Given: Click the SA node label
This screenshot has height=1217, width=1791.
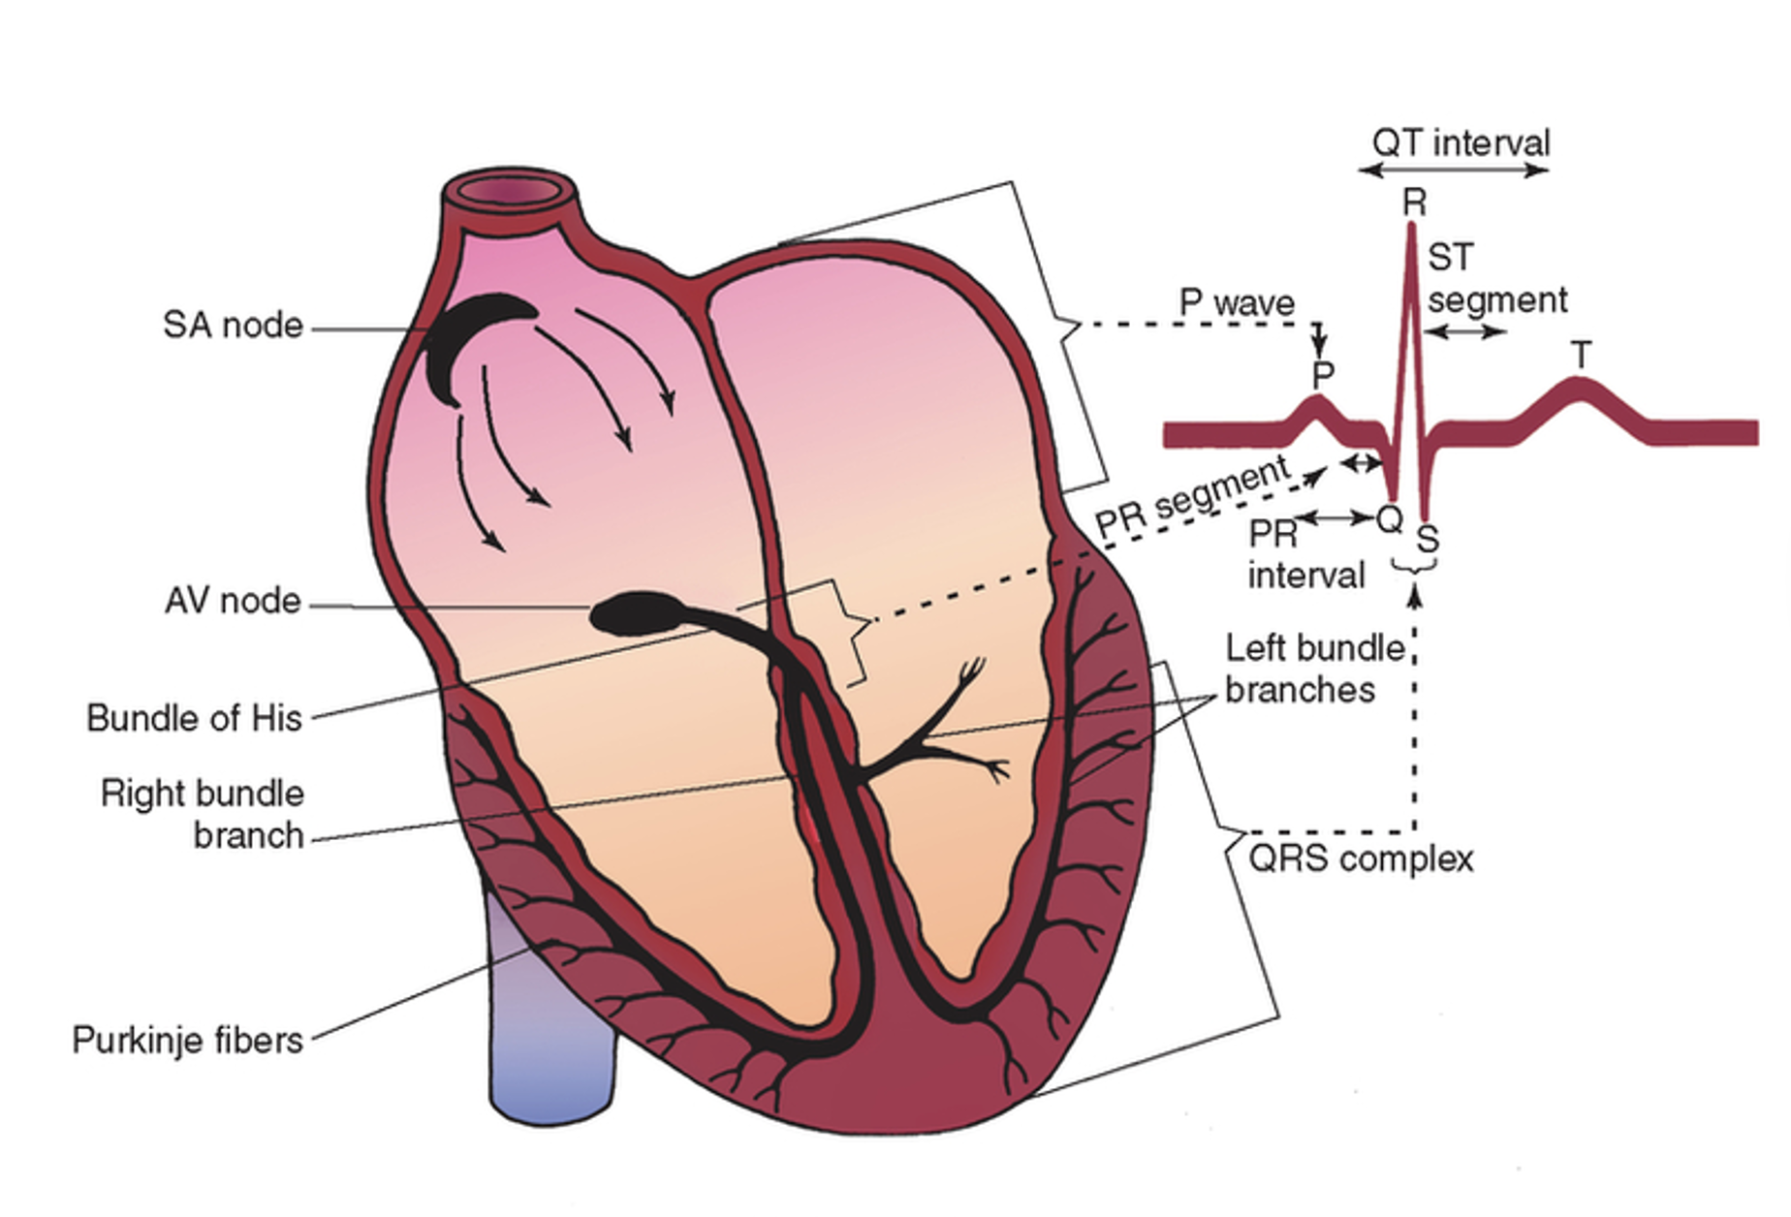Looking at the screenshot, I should pyautogui.click(x=233, y=326).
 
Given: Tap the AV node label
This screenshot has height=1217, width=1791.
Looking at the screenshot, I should pyautogui.click(x=233, y=601).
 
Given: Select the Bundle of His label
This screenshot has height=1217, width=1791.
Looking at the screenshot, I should pyautogui.click(x=194, y=718).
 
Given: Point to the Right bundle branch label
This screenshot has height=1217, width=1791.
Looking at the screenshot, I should pyautogui.click(x=203, y=814).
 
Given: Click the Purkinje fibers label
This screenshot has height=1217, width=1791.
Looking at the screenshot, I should pyautogui.click(x=187, y=1041).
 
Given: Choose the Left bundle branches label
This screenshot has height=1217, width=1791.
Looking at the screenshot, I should pyautogui.click(x=1313, y=669).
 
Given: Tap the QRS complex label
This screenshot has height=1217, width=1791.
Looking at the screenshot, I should pyautogui.click(x=1360, y=859).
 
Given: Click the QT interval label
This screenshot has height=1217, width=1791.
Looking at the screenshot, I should pyautogui.click(x=1461, y=143).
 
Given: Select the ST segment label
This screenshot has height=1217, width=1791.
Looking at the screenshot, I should pyautogui.click(x=1496, y=279).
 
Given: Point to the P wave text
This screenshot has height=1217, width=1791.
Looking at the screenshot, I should pyautogui.click(x=1236, y=302).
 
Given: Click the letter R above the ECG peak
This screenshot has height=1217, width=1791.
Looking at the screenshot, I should pyautogui.click(x=1414, y=203).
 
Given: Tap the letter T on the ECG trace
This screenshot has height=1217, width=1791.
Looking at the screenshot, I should pyautogui.click(x=1581, y=356).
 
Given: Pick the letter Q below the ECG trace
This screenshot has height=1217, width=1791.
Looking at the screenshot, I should pyautogui.click(x=1390, y=520).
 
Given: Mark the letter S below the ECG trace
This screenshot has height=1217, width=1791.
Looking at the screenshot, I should pyautogui.click(x=1427, y=538).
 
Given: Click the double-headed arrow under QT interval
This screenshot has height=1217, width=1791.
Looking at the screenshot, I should pyautogui.click(x=1453, y=171).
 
